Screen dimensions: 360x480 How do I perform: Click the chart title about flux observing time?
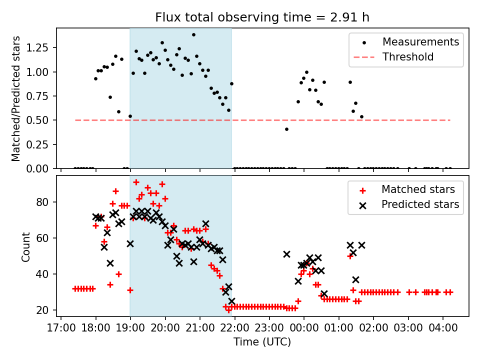[262, 17]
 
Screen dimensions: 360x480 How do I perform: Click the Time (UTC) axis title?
[262, 342]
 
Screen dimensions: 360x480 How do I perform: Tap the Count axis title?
[25, 246]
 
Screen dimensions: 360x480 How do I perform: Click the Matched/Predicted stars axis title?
[16, 98]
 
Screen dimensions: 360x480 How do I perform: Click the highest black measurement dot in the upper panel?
[193, 35]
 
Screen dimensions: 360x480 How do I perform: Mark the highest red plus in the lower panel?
[136, 182]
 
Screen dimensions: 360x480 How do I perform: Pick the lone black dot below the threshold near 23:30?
[286, 129]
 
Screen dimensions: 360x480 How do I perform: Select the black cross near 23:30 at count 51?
[286, 254]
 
